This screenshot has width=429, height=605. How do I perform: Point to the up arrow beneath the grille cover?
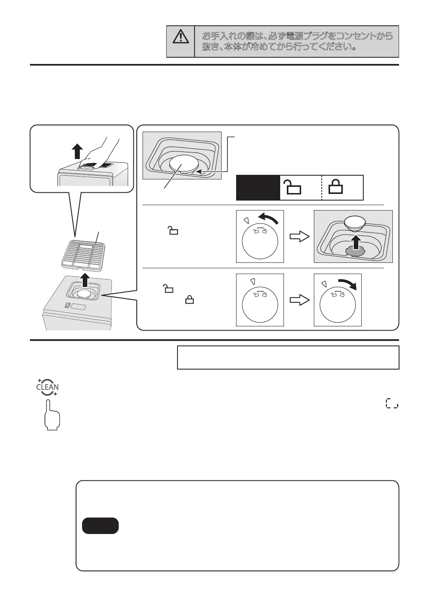(85, 280)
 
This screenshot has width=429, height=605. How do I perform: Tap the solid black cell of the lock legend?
(258, 188)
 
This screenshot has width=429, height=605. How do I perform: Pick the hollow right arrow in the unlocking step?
(299, 237)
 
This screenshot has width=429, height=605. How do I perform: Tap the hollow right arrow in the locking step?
(299, 300)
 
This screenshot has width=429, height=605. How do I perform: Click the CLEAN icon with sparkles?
(48, 387)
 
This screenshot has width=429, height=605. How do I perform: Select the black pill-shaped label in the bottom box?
(100, 525)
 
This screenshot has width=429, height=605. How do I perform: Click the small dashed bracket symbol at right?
(392, 403)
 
